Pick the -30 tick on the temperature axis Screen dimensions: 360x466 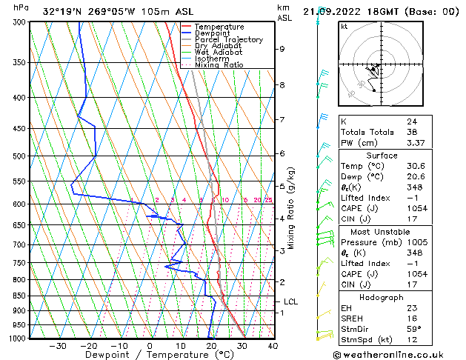[58, 346]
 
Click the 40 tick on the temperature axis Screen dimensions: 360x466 [273, 346]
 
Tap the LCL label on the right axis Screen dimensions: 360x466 [290, 302]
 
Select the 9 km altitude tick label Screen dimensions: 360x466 [282, 49]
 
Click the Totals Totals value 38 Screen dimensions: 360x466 [411, 132]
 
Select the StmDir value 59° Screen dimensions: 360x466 [413, 329]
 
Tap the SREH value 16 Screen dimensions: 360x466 [411, 318]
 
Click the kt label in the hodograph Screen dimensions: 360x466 [344, 26]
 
